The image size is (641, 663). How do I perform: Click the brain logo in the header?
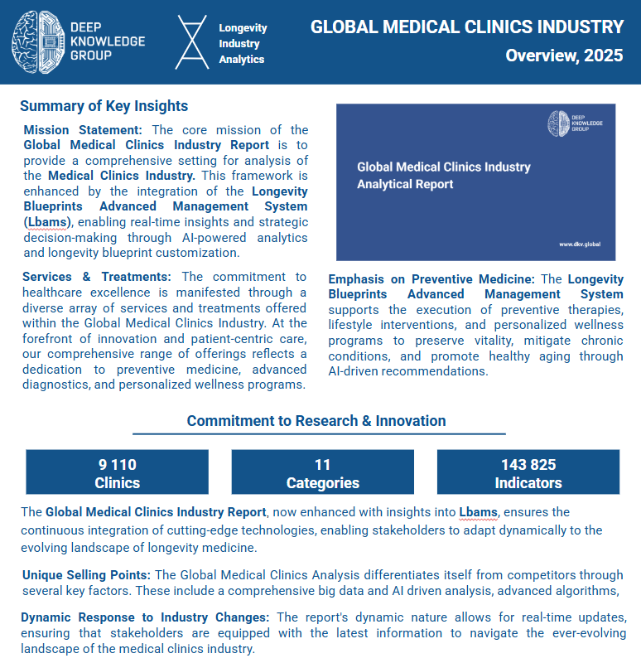(38, 41)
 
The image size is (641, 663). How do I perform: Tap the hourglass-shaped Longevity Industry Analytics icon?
(191, 41)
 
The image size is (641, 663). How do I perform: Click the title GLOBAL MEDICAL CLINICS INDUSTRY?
(467, 27)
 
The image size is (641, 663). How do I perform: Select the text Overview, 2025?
(565, 56)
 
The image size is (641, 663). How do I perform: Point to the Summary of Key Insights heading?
(104, 106)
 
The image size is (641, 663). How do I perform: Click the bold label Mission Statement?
(83, 130)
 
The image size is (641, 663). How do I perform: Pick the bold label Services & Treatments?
(97, 277)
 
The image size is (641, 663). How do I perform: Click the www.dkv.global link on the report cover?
(579, 244)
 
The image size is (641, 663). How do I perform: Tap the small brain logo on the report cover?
(559, 123)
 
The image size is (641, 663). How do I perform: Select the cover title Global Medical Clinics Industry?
(443, 167)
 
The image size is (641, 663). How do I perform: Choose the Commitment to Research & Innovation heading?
(316, 420)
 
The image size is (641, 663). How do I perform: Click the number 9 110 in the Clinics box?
(118, 465)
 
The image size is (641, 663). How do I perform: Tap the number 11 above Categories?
(322, 465)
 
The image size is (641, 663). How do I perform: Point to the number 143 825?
(528, 465)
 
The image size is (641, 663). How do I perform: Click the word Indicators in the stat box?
(528, 482)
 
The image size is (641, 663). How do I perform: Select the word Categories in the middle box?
(322, 482)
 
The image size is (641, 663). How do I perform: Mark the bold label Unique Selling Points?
(86, 575)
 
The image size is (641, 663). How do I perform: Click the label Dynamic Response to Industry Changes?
(145, 617)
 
